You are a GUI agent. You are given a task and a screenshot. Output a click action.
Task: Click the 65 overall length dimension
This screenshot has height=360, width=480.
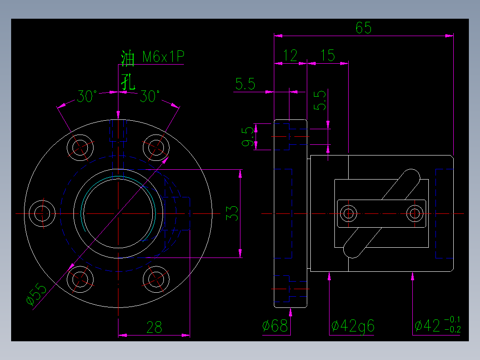pos(363,28)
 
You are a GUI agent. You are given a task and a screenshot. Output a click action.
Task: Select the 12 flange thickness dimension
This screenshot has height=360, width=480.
pos(290,56)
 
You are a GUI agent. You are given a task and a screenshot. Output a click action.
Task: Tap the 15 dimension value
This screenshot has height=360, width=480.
pos(327,56)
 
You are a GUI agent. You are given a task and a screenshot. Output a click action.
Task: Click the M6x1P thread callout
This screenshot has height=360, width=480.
pos(163,57)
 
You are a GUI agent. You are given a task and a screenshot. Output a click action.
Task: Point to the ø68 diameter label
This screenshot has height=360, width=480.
pos(275,327)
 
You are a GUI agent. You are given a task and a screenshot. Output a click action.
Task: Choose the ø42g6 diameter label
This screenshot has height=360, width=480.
pos(353,327)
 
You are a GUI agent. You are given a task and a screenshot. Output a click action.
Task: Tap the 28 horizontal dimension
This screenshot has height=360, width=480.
pos(154,328)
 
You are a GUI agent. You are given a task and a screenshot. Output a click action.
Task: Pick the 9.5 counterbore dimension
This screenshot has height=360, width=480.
pos(248,137)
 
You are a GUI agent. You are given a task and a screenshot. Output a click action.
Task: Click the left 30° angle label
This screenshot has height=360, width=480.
pos(87,96)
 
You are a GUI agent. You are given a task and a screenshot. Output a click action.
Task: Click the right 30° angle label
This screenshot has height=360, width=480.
pos(150,96)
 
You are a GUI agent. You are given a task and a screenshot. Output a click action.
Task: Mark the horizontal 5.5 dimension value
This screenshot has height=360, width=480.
pos(245,84)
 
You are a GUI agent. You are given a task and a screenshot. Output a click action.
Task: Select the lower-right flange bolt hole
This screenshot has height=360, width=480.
pos(156,279)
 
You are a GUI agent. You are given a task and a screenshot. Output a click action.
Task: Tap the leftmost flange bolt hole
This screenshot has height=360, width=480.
pos(42,213)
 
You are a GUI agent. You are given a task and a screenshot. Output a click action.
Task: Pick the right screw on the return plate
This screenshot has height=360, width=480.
pos(415,214)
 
